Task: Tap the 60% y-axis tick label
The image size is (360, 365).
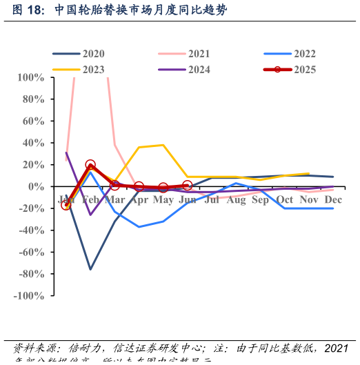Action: [x=33, y=121]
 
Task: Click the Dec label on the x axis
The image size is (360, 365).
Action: [x=333, y=200]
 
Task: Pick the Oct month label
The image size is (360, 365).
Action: [x=284, y=200]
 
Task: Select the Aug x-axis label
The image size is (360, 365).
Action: [x=236, y=200]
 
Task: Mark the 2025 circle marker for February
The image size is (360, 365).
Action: [x=90, y=165]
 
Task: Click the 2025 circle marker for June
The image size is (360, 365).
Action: [x=187, y=186]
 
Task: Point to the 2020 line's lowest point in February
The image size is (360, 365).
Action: [x=90, y=269]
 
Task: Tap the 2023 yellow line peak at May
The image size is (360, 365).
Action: [x=163, y=145]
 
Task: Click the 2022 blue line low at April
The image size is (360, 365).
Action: [x=139, y=227]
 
